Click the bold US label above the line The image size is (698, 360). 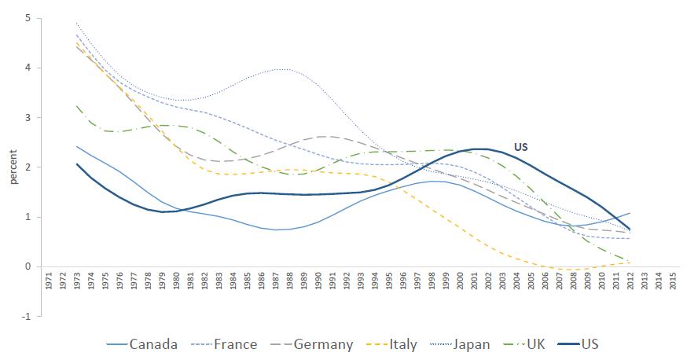pyautogui.click(x=520, y=146)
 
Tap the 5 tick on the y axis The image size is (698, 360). pyautogui.click(x=28, y=18)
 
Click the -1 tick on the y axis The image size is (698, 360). pyautogui.click(x=26, y=317)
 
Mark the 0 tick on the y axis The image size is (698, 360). pyautogui.click(x=28, y=267)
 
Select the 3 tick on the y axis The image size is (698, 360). pyautogui.click(x=28, y=118)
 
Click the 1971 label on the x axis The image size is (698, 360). pyautogui.click(x=50, y=282)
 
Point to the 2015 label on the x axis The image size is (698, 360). pyautogui.click(x=673, y=282)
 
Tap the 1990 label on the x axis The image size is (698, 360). pyautogui.click(x=319, y=282)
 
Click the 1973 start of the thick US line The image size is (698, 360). pyautogui.click(x=78, y=163)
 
